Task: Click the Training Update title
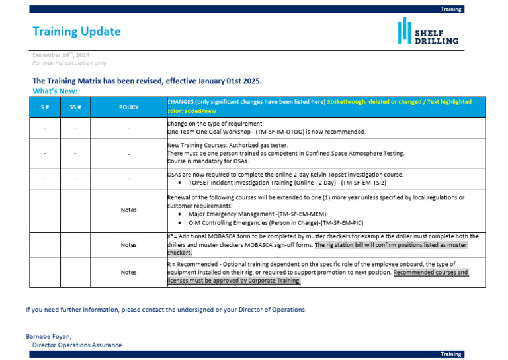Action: [x=77, y=32]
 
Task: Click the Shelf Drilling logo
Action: [x=428, y=32]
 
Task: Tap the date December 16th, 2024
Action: [x=61, y=55]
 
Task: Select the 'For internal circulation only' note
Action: [x=69, y=63]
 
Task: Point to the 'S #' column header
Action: [x=44, y=107]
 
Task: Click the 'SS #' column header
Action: [x=75, y=107]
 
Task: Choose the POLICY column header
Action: [x=128, y=107]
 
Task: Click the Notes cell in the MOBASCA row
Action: [x=128, y=244]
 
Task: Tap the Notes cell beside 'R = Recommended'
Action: [x=128, y=272]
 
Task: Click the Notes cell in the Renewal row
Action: [x=128, y=210]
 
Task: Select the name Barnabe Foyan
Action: [x=48, y=336]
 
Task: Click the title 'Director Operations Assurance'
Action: [x=77, y=345]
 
